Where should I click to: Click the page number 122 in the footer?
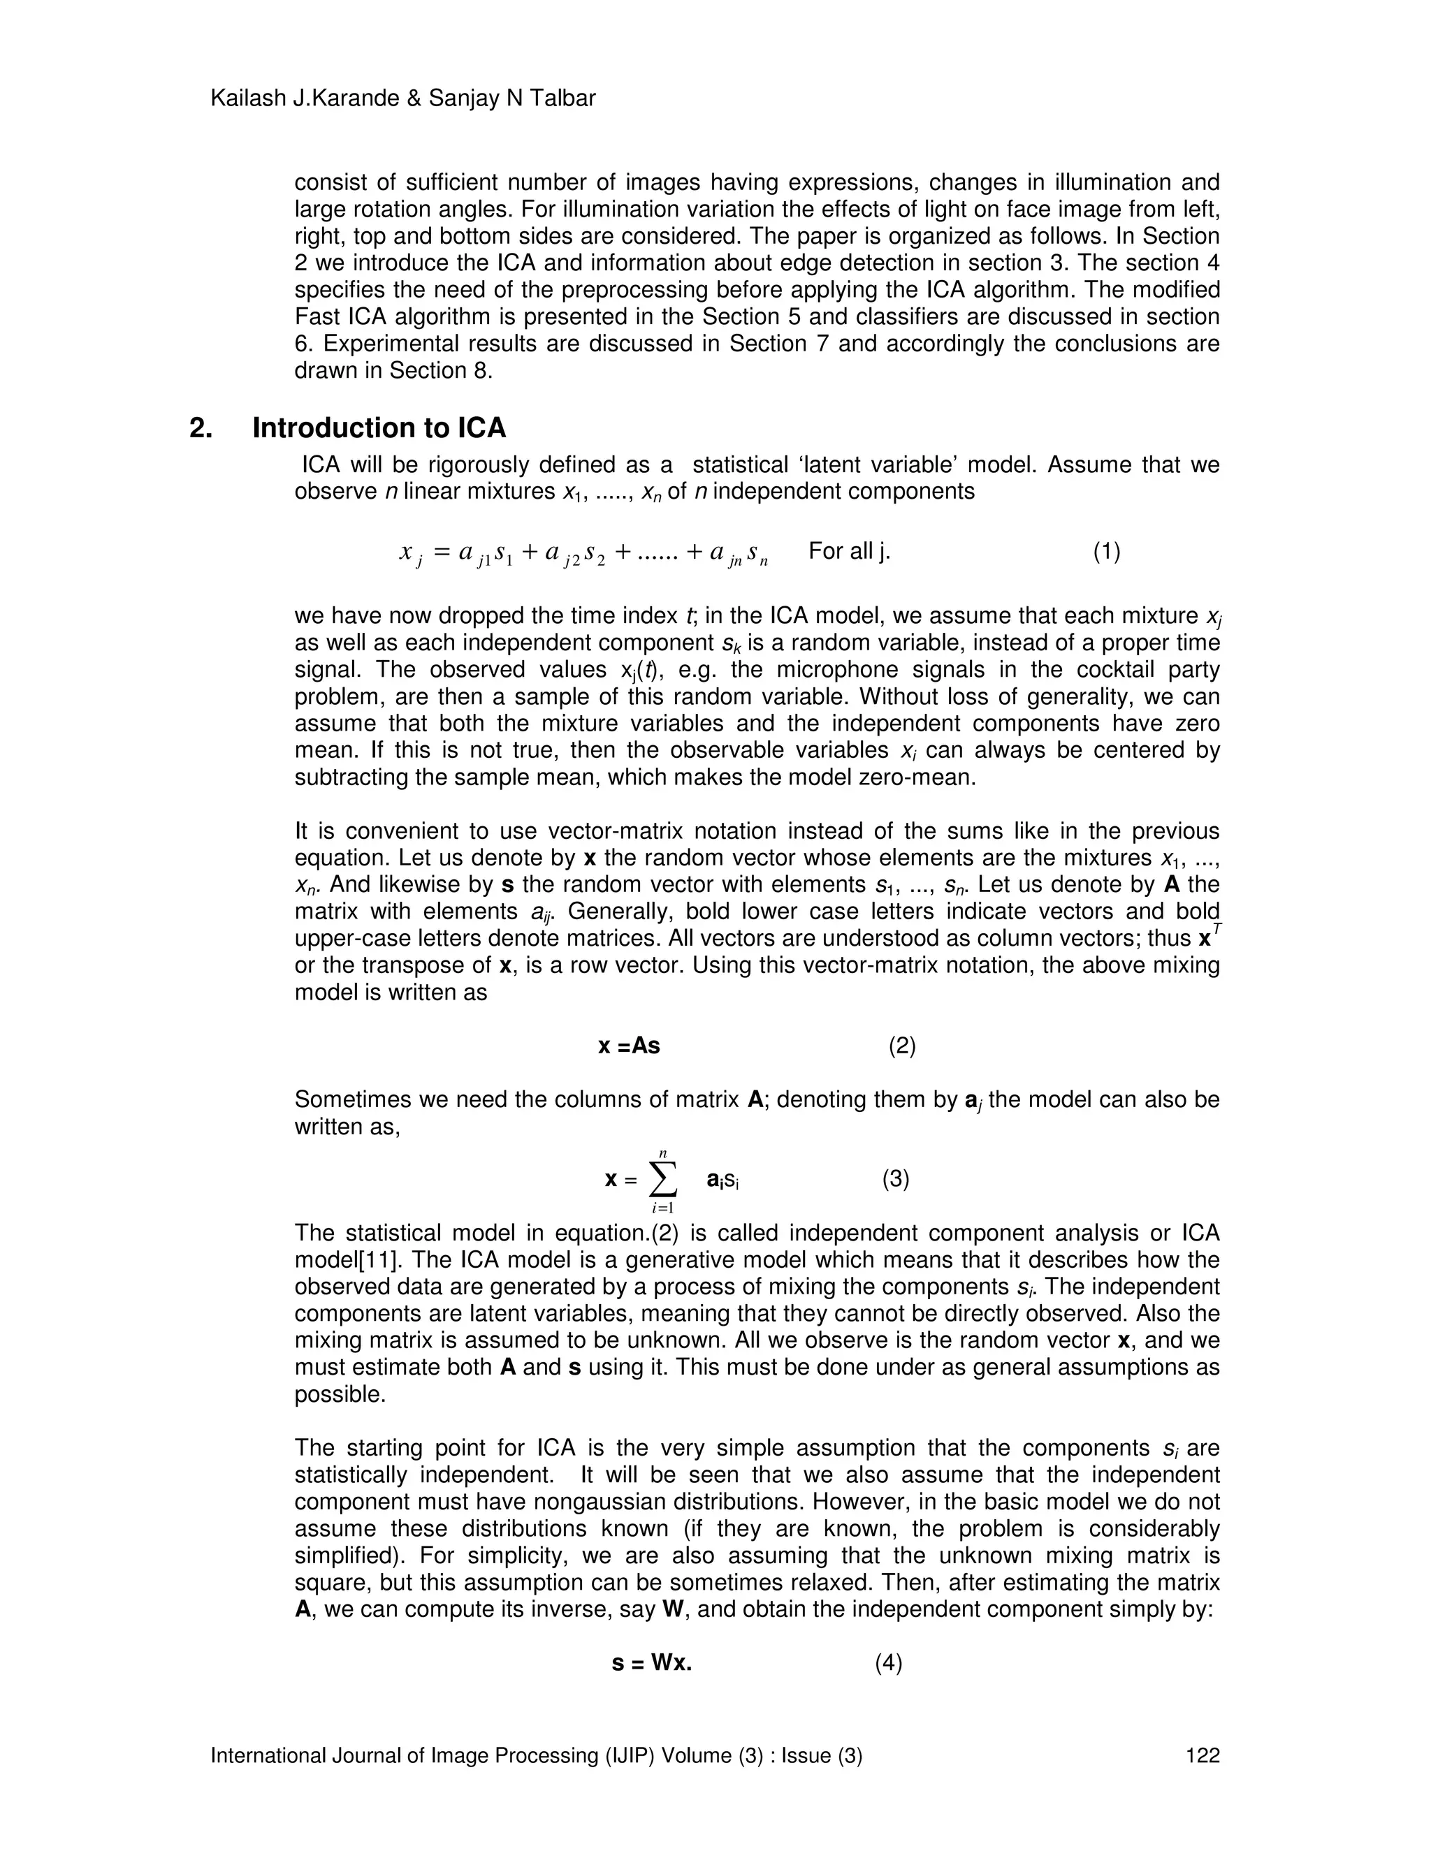point(1202,1755)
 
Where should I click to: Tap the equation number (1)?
point(1106,552)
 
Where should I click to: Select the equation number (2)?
point(902,1046)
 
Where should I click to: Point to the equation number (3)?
point(895,1179)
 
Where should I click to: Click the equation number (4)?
point(889,1663)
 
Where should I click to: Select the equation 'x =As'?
point(629,1046)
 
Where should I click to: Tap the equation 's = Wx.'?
point(652,1663)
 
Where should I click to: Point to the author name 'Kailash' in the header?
point(246,98)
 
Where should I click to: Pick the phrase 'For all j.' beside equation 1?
point(850,552)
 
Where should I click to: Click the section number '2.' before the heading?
point(201,428)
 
